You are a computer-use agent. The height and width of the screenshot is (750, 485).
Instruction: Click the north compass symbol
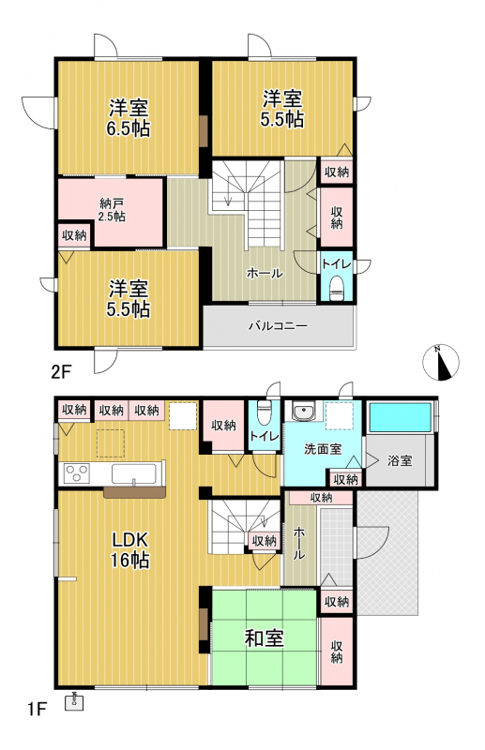[x=441, y=362]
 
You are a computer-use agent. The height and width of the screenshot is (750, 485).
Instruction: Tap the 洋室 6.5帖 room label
[x=129, y=118]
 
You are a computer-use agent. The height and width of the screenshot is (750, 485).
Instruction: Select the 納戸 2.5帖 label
[x=112, y=211]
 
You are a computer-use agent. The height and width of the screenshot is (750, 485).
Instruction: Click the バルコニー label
[x=278, y=326]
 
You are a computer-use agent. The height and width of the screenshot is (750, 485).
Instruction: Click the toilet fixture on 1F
[x=265, y=412]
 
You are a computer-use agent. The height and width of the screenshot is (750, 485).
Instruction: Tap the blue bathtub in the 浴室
[x=401, y=418]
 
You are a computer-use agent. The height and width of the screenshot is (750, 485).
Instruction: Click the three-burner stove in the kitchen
[x=77, y=473]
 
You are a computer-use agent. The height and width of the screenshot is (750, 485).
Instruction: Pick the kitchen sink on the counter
[x=134, y=474]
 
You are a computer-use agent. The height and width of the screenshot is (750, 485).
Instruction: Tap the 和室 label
[x=265, y=638]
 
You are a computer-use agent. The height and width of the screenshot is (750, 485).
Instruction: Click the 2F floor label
[x=61, y=371]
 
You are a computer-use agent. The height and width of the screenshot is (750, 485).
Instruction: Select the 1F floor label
[x=37, y=709]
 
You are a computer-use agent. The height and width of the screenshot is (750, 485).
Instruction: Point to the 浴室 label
[x=400, y=461]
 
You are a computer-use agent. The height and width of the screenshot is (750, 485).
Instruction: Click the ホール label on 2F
[x=265, y=273]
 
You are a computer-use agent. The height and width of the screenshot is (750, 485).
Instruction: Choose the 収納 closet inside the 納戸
[x=74, y=235]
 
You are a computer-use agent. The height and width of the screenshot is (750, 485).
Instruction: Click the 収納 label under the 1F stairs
[x=265, y=541]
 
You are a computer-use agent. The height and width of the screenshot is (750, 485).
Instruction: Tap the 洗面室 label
[x=323, y=449]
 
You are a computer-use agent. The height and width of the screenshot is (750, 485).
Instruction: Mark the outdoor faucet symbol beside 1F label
[x=74, y=701]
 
